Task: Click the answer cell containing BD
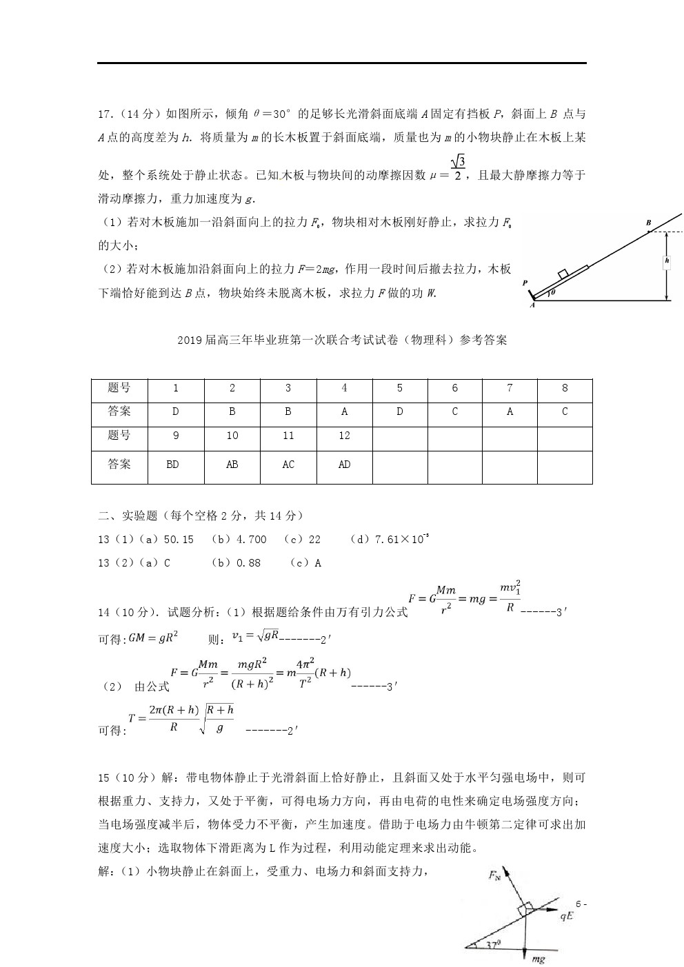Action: (172, 465)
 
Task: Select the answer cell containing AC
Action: (288, 465)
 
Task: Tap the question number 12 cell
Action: (344, 436)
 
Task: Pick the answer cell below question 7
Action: (510, 411)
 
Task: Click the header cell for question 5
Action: (399, 388)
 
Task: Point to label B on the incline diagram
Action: (648, 223)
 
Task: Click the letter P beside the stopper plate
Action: (525, 283)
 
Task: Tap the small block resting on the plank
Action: (563, 273)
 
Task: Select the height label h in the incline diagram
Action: (667, 261)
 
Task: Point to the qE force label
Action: (567, 917)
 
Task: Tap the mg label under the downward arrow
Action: (537, 959)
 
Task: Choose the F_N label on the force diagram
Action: (494, 875)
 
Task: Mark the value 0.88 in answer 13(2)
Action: (248, 563)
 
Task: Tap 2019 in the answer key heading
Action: (190, 340)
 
